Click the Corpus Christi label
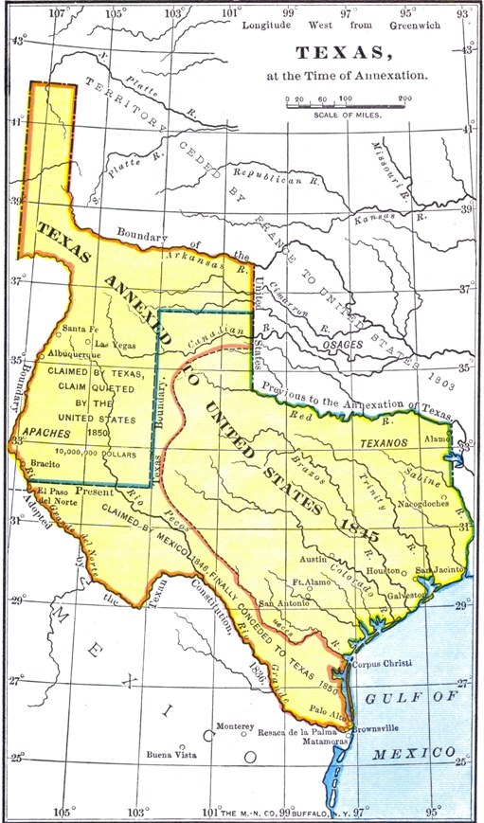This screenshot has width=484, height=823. pyautogui.click(x=383, y=664)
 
